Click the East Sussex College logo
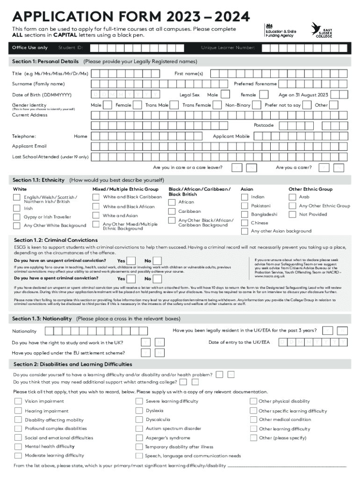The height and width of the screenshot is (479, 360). [x=322, y=30]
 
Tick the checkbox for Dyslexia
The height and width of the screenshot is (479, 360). [x=139, y=410]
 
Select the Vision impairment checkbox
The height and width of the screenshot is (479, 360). [x=18, y=401]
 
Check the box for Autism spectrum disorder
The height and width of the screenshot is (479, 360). [x=139, y=428]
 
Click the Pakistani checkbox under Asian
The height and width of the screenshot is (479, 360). [x=244, y=206]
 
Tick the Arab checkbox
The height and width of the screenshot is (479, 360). [x=292, y=197]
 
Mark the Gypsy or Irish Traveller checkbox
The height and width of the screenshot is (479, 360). [x=17, y=217]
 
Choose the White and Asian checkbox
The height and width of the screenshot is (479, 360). [x=96, y=215]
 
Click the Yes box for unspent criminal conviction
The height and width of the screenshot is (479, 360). [x=132, y=261]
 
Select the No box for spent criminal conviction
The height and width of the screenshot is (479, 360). [x=158, y=278]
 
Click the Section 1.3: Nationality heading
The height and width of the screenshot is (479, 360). [x=42, y=319]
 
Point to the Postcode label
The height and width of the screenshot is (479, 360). [x=263, y=125]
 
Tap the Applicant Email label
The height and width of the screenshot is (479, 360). [x=29, y=146]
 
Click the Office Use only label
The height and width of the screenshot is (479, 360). [x=30, y=48]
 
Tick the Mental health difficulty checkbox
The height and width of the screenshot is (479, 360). [x=18, y=447]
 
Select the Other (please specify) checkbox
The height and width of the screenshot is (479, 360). [x=253, y=438]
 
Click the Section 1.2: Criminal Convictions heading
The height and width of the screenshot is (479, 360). [x=55, y=240]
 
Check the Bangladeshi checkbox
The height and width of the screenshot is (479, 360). [x=244, y=214]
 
